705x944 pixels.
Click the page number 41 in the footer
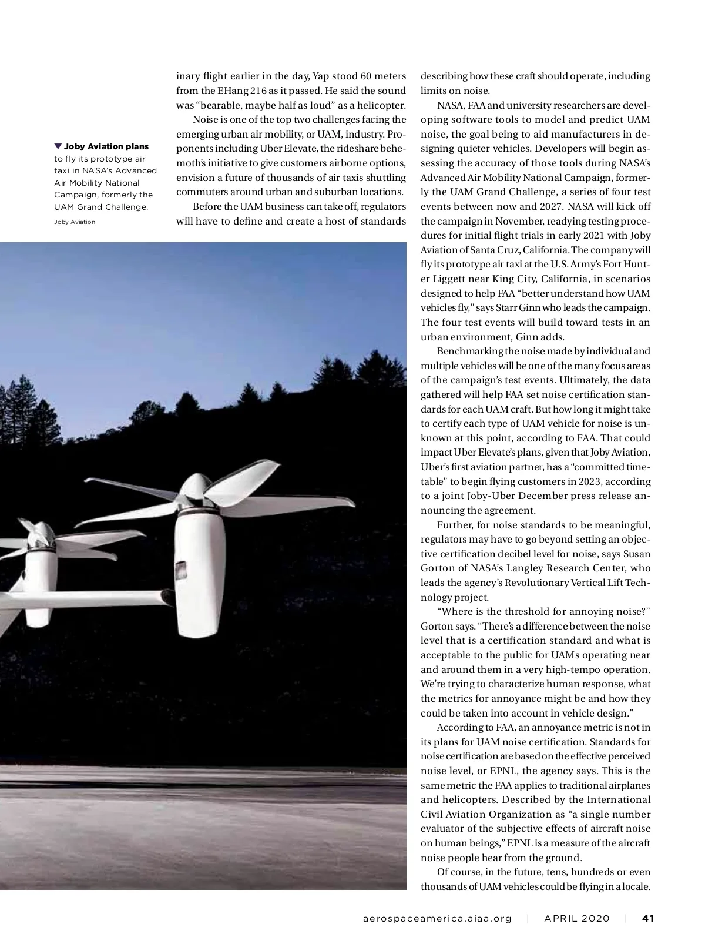[x=648, y=918]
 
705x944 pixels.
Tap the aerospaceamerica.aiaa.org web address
[x=437, y=918]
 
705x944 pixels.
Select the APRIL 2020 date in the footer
[x=577, y=918]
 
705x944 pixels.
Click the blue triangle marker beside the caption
[x=58, y=146]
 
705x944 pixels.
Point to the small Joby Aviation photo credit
[x=75, y=222]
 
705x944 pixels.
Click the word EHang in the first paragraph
[x=234, y=91]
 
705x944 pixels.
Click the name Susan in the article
[x=637, y=554]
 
